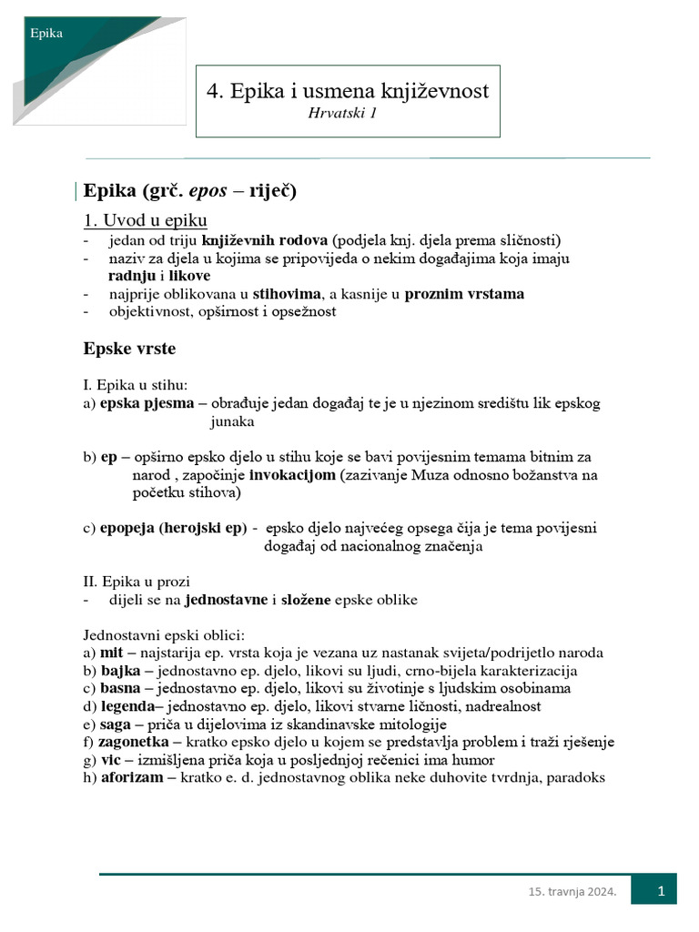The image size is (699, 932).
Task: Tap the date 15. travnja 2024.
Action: [x=572, y=893]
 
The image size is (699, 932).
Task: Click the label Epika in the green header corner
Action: [x=46, y=34]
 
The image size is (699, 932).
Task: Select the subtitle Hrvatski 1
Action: [x=342, y=113]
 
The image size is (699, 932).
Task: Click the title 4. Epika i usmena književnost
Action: [x=348, y=91]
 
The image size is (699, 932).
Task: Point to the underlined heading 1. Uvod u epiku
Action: [x=146, y=220]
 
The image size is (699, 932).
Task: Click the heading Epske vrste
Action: [x=129, y=349]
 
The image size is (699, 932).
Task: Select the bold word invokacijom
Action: [x=292, y=475]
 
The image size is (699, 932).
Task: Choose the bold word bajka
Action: [x=120, y=670]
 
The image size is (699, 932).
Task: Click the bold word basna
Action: [x=120, y=688]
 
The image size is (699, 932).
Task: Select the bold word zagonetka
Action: [x=134, y=742]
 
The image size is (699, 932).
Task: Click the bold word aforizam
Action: [x=133, y=777]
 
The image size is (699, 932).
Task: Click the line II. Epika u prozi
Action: [x=137, y=582]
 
